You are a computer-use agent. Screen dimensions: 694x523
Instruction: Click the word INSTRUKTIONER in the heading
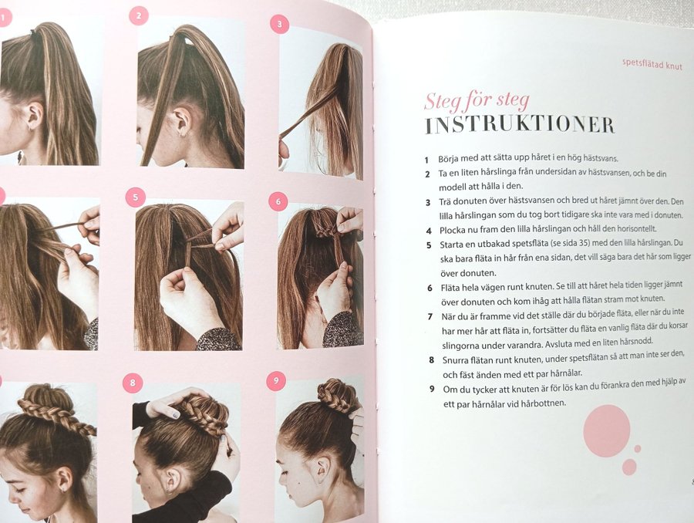(x=520, y=125)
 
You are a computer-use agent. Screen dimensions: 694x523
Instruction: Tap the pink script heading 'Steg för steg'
(x=477, y=101)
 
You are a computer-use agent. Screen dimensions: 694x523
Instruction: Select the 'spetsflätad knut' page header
(x=652, y=64)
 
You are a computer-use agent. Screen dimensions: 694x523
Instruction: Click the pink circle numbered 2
(x=139, y=16)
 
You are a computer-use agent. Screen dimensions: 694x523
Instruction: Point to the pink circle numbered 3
(x=279, y=24)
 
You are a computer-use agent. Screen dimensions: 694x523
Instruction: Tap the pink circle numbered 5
(x=136, y=197)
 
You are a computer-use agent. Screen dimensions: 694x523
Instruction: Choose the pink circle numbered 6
(x=278, y=201)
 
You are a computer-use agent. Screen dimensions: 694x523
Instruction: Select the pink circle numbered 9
(x=276, y=381)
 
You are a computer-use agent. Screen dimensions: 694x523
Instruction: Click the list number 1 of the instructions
(x=426, y=160)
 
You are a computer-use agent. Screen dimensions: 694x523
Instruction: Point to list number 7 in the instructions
(x=430, y=316)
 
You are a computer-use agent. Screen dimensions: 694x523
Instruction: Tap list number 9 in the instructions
(x=432, y=390)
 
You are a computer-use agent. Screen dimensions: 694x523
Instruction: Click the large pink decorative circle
(x=606, y=430)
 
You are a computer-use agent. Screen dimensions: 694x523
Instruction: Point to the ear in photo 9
(x=322, y=466)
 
